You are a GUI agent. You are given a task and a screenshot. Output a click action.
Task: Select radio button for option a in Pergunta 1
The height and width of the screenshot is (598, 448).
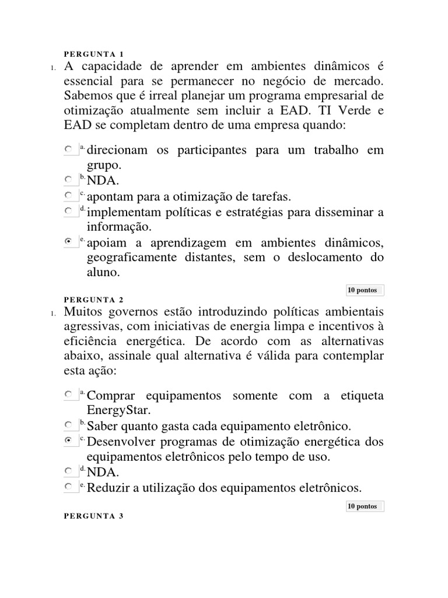tap(69, 150)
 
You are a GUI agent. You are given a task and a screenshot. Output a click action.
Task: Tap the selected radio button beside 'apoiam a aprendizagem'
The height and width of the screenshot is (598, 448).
tap(69, 241)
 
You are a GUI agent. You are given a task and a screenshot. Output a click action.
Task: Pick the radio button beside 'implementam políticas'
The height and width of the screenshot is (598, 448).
tap(69, 211)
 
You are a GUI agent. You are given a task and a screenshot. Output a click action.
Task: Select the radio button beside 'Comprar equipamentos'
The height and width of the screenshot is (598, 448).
tap(69, 395)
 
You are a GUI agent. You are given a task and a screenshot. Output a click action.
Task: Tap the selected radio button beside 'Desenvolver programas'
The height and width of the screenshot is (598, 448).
tap(69, 440)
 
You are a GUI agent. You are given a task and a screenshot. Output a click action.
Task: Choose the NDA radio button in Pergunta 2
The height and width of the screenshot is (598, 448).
tap(69, 471)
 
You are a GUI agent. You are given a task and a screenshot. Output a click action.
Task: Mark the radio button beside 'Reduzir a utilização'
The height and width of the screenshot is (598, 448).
tap(69, 486)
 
